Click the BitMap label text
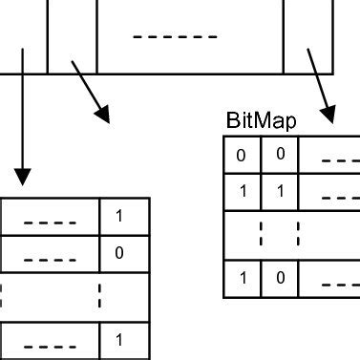tap(261, 121)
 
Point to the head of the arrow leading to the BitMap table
tap(328, 115)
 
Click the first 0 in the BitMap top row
tap(242, 154)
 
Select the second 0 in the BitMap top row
tap(279, 154)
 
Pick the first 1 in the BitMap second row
tap(242, 191)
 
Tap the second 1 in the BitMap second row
tap(279, 191)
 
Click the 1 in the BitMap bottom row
tap(242, 278)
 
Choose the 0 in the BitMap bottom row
tap(279, 278)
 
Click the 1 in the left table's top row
tap(119, 216)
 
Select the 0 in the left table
tap(119, 253)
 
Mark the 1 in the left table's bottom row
tap(119, 339)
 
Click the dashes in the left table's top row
tap(43, 224)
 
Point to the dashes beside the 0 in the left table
tap(43, 260)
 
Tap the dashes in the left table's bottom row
tap(43, 346)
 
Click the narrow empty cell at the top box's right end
tap(307, 36)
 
